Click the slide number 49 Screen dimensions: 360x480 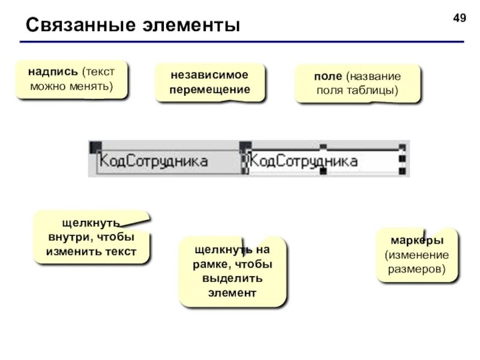[x=459, y=18]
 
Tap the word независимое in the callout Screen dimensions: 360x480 [x=209, y=76]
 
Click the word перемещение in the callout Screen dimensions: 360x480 [x=209, y=89]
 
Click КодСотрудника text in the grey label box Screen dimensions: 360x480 [x=154, y=161]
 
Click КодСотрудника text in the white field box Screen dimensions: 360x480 [x=303, y=161]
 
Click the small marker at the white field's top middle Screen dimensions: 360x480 [x=323, y=146]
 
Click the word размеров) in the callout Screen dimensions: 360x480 [x=417, y=269]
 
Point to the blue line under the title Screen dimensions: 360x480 [x=240, y=42]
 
